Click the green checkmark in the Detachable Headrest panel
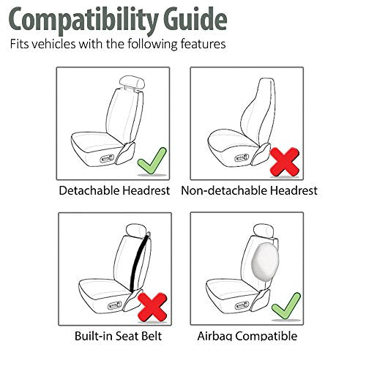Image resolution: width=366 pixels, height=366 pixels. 152,159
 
